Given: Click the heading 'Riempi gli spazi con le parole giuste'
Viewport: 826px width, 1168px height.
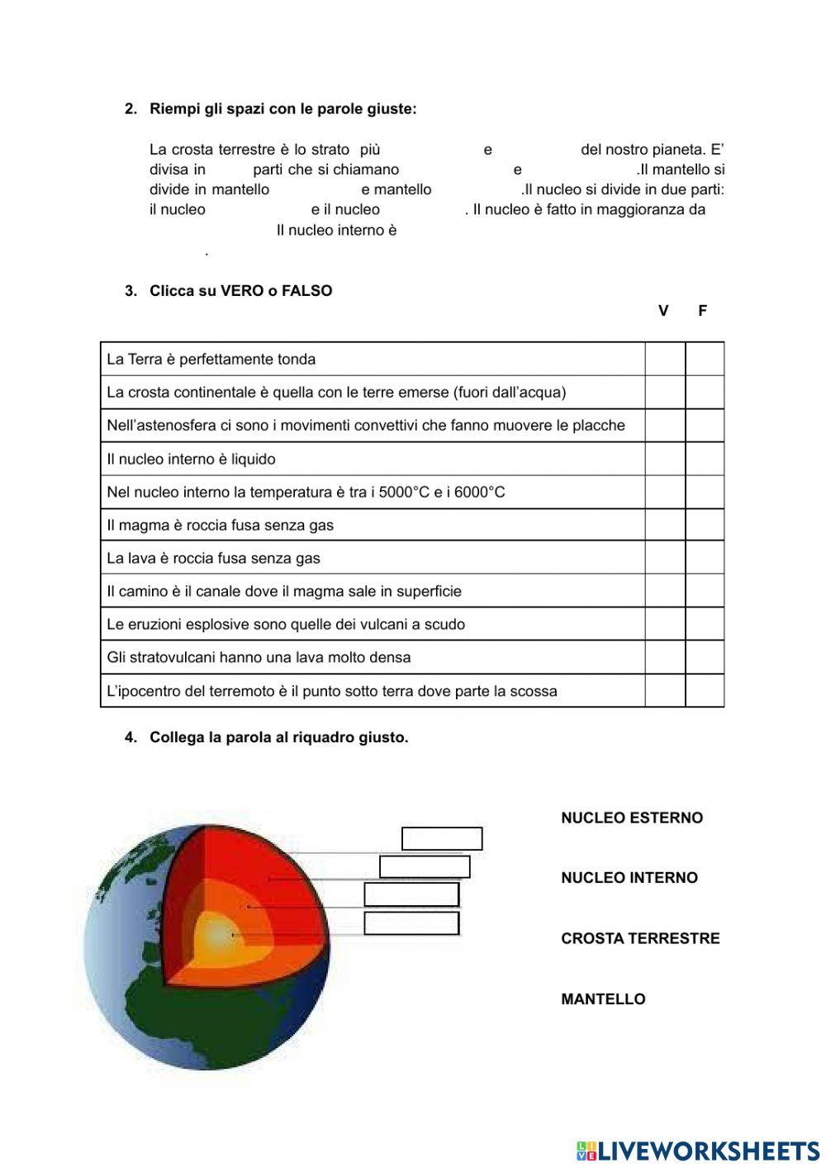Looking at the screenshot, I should [x=282, y=109].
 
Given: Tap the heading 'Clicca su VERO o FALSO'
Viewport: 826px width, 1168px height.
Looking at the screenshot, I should [x=240, y=291].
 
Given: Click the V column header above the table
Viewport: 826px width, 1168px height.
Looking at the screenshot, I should [x=663, y=311].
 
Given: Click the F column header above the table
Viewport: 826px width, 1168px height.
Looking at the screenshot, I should [x=703, y=311].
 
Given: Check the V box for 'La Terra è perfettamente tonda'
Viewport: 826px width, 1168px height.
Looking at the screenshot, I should [x=665, y=360].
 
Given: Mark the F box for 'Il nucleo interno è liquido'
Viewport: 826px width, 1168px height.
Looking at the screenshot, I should [x=705, y=459].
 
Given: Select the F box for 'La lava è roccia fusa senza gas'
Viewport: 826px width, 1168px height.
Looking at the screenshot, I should [x=705, y=558].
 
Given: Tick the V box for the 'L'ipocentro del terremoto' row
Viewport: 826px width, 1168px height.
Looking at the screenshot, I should [x=665, y=691].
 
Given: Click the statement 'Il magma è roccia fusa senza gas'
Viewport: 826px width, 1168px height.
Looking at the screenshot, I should [x=221, y=525].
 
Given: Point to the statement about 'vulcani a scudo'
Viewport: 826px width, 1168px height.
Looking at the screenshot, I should [x=286, y=624].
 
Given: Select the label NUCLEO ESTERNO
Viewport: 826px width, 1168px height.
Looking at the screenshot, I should [x=632, y=818].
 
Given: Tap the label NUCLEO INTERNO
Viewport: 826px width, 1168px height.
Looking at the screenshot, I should [x=629, y=878].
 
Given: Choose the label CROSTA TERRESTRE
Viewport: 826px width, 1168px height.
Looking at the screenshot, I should [x=640, y=938].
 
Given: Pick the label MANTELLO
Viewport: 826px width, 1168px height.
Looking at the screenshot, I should [x=603, y=999].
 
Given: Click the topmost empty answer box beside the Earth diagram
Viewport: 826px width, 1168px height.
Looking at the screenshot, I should [x=442, y=838].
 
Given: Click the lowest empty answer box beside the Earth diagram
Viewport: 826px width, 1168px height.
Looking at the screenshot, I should [x=411, y=923].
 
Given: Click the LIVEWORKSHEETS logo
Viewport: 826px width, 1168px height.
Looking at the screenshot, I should [x=698, y=1151].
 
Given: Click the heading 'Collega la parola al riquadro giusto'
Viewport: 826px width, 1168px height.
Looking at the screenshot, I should [x=278, y=737].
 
